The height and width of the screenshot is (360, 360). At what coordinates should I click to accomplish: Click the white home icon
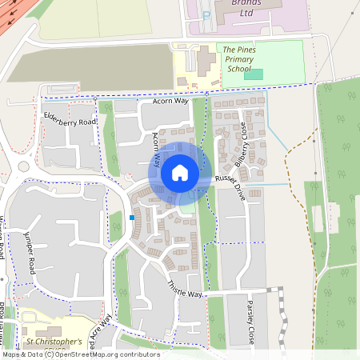point(180,172)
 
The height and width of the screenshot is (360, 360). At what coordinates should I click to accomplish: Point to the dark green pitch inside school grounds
point(254,74)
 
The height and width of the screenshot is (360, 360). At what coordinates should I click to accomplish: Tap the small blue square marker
point(132,217)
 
